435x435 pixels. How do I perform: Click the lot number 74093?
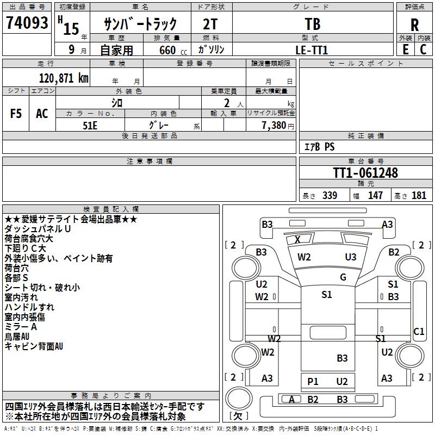tap(27, 23)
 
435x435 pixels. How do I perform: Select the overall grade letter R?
tap(414, 25)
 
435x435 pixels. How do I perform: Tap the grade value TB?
tap(312, 23)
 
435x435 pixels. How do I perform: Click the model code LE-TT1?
tap(312, 49)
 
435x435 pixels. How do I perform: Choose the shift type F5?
tap(16, 114)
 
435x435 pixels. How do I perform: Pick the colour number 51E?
tap(90, 125)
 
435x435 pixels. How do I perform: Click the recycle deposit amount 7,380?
tap(274, 125)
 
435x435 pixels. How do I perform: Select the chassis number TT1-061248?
tap(365, 173)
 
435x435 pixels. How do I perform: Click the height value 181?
tap(419, 195)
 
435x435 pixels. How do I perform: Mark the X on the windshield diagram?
tap(297, 239)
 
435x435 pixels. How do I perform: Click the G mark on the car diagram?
tap(343, 277)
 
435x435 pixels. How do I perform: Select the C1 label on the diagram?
tap(419, 331)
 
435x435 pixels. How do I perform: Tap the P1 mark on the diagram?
tap(313, 382)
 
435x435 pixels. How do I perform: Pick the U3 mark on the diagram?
tap(351, 257)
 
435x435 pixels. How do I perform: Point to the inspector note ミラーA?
tap(21, 327)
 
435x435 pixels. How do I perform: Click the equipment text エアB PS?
tap(319, 147)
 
